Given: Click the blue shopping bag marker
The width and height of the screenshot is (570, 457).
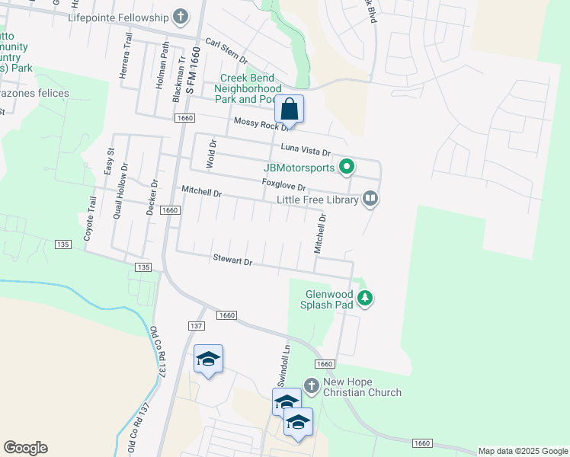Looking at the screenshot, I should (290, 109).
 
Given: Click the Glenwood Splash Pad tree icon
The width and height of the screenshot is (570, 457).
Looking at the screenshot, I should (366, 298).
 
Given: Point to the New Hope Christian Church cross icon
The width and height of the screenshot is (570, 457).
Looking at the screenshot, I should (311, 385).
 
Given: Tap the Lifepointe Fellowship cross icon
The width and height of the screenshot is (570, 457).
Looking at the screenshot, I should (181, 16).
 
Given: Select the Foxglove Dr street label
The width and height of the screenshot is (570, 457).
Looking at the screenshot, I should (283, 186).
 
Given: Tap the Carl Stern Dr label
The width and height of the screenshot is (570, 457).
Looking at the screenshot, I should (227, 51).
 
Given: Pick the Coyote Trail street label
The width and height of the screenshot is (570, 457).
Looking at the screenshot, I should (91, 219).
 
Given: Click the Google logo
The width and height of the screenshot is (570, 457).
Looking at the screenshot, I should (25, 448).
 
